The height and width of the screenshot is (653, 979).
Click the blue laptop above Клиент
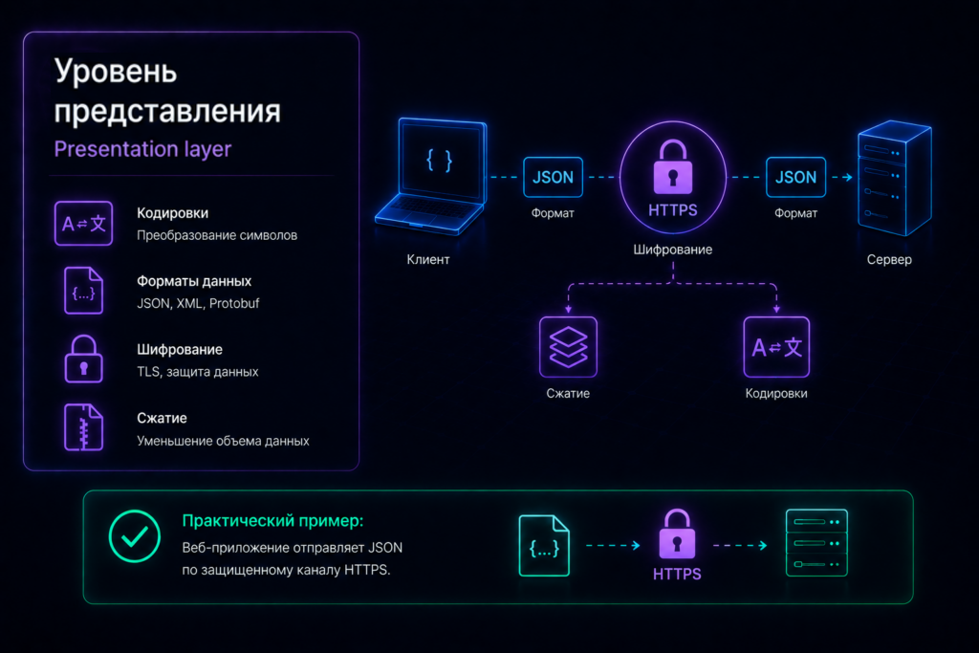431,177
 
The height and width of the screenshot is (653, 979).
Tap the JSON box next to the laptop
553,177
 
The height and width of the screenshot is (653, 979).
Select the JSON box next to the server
795,177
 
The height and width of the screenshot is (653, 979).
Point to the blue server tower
895,179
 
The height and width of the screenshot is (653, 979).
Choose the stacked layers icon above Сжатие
568,347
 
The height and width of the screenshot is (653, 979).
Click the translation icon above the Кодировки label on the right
776,347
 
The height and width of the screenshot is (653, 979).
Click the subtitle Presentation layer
142,149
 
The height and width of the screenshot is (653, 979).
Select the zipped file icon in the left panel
84,427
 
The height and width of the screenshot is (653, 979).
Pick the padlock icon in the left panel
84,359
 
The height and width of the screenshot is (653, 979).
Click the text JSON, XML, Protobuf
198,303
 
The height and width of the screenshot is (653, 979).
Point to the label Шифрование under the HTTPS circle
672,250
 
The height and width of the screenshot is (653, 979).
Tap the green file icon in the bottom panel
544,546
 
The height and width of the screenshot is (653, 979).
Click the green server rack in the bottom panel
816,543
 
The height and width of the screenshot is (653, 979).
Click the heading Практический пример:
272,521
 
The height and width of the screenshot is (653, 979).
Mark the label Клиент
428,259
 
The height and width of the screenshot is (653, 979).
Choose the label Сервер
889,259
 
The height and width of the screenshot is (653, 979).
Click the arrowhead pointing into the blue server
848,177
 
